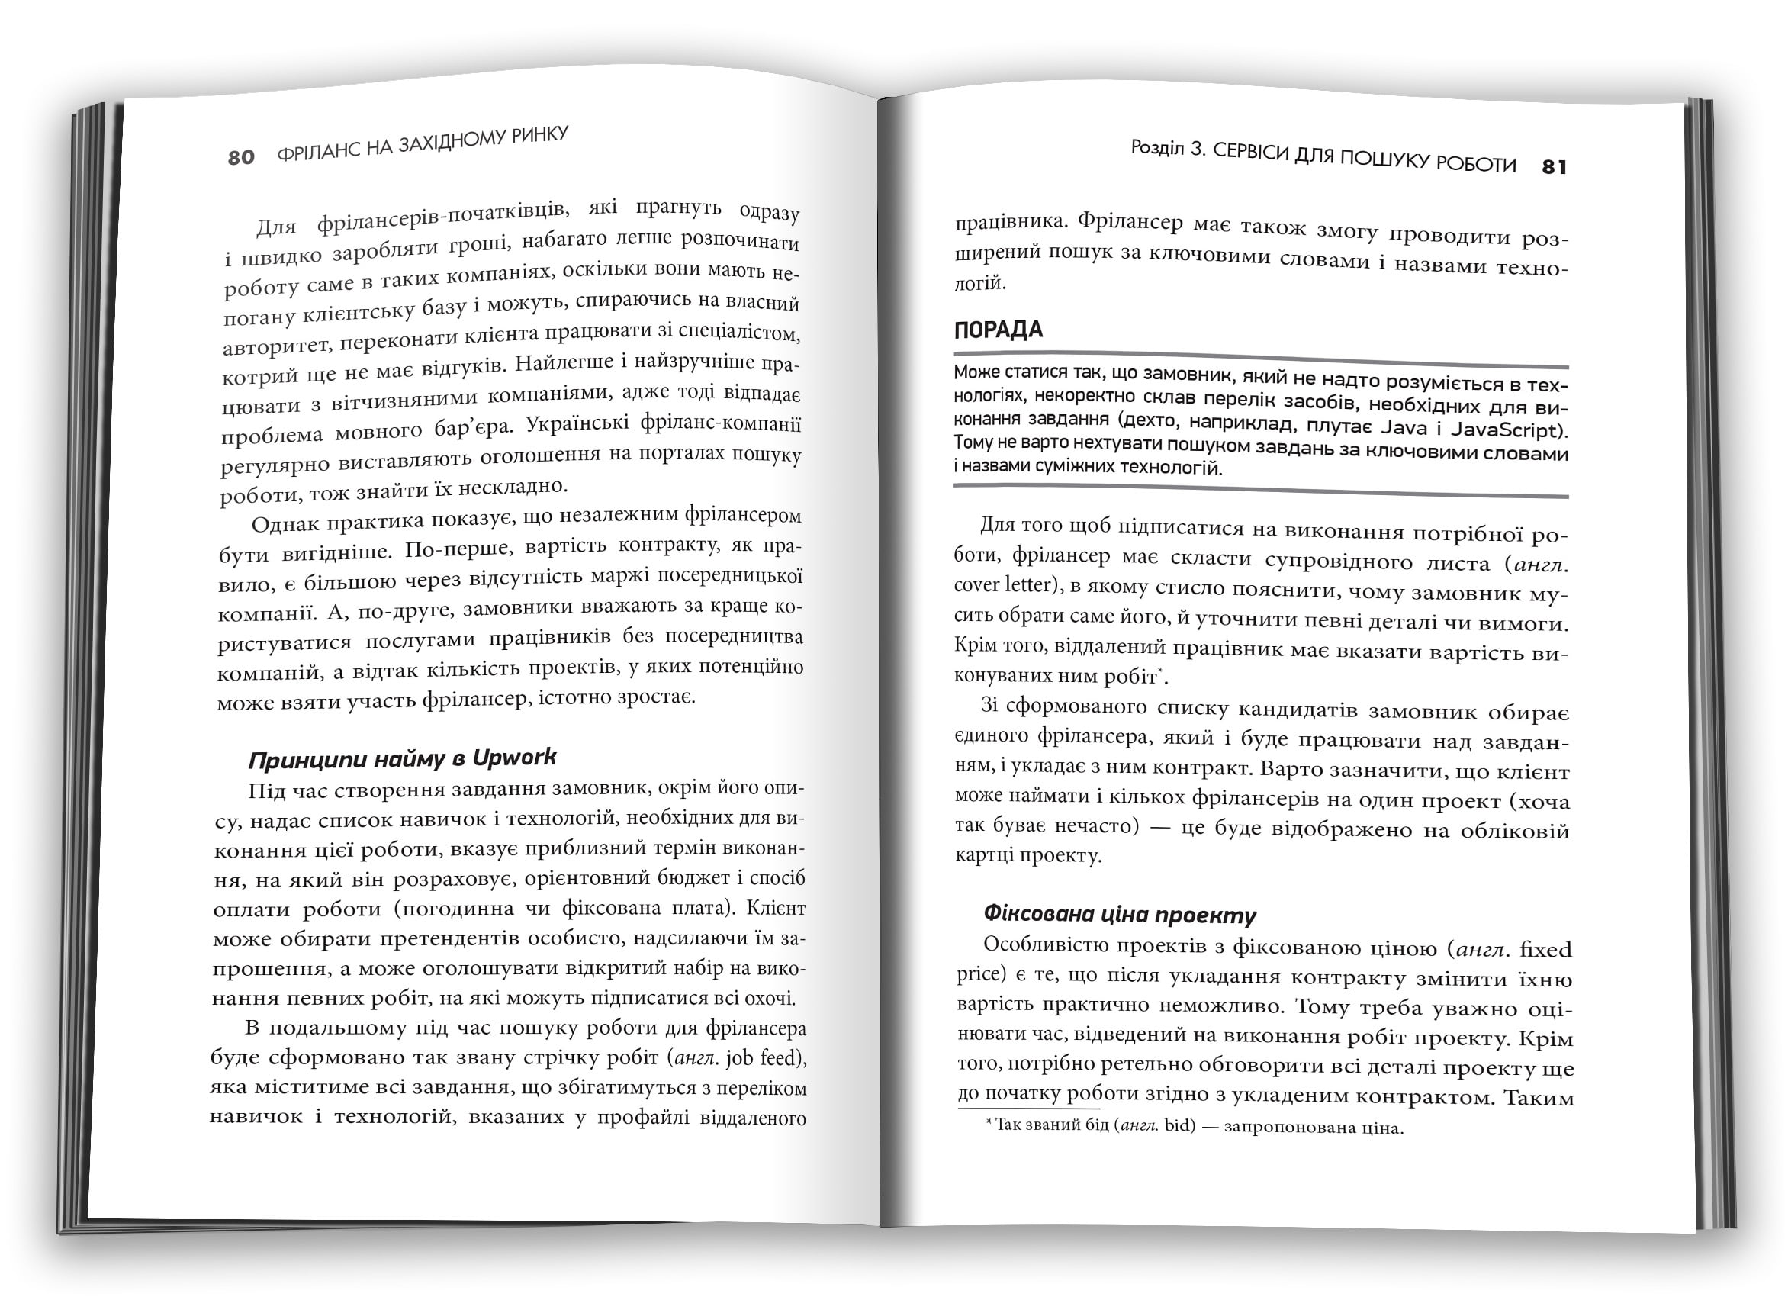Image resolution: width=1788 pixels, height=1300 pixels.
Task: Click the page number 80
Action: coord(241,158)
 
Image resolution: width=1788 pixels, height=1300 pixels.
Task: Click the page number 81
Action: coord(1554,167)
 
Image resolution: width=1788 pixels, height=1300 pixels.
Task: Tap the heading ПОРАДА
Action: coord(998,330)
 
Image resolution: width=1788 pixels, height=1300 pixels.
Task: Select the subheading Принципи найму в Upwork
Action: coord(402,758)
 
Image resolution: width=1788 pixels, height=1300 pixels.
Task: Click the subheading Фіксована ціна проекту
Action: coord(1120,915)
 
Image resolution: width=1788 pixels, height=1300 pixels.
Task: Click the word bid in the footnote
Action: coord(1180,1126)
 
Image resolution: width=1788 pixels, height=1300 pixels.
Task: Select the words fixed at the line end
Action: coord(1545,949)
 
